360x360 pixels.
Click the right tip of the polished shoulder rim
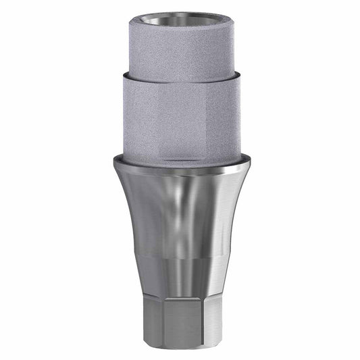[249, 162]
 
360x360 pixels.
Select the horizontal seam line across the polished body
[180, 257]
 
